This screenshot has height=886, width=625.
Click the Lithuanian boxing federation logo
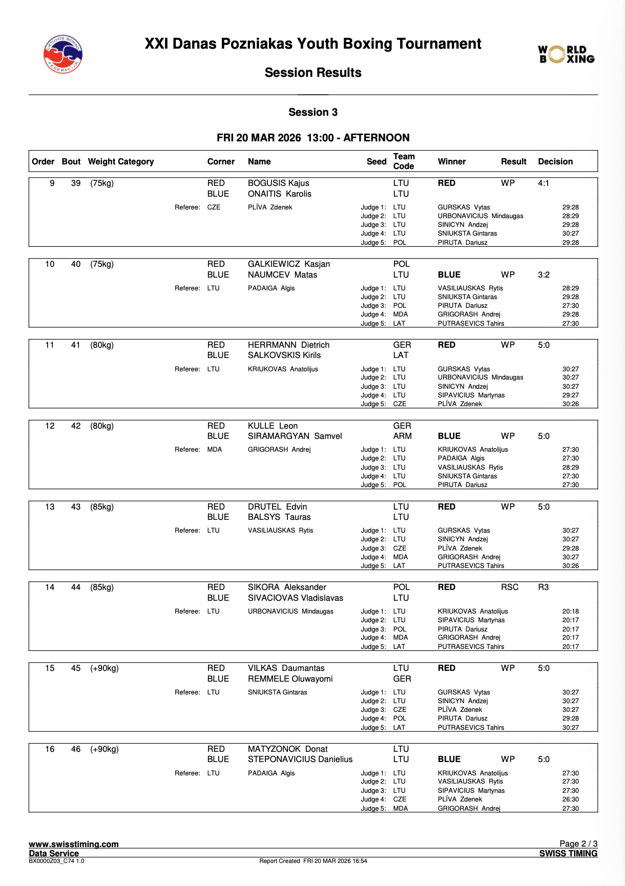(x=62, y=54)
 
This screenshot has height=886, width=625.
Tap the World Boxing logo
(x=566, y=54)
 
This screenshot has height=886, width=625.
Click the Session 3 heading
(x=313, y=112)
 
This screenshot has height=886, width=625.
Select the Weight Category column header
(x=121, y=161)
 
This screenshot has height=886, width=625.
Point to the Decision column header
(x=555, y=161)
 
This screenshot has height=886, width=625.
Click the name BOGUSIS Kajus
(x=278, y=183)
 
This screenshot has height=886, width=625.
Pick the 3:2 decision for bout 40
(x=544, y=275)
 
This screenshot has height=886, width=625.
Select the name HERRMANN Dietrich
(x=288, y=345)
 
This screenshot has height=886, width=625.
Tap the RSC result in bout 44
(x=510, y=587)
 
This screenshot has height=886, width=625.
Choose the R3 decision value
(x=543, y=587)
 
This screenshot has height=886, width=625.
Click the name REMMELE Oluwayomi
(x=290, y=679)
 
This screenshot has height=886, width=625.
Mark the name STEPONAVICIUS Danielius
(x=300, y=759)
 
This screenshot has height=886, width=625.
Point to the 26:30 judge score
(x=570, y=799)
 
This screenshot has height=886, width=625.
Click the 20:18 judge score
(x=570, y=611)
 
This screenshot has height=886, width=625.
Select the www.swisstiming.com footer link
(x=74, y=844)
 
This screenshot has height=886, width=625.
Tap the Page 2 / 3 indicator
(x=578, y=843)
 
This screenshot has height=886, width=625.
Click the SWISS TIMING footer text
(x=568, y=853)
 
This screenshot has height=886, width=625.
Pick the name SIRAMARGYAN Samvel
(x=295, y=436)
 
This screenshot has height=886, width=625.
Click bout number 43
(x=76, y=507)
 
